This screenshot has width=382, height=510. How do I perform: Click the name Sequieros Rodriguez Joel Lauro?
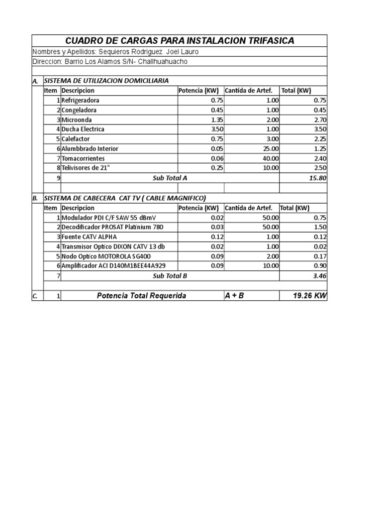coord(151,52)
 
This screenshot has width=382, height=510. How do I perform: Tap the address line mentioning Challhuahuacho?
coord(110,61)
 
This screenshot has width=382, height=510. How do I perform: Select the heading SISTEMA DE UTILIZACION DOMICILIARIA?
coord(106,81)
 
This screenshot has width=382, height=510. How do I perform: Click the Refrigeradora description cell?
coord(80,100)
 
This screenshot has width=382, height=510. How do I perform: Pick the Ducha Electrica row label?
coord(83,129)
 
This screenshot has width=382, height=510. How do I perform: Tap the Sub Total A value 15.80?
coord(317,178)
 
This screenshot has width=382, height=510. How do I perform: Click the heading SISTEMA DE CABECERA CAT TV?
coord(124,198)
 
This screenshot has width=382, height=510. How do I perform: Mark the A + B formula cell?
coord(234,296)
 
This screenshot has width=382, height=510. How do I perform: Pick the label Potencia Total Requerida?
coord(141,296)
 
